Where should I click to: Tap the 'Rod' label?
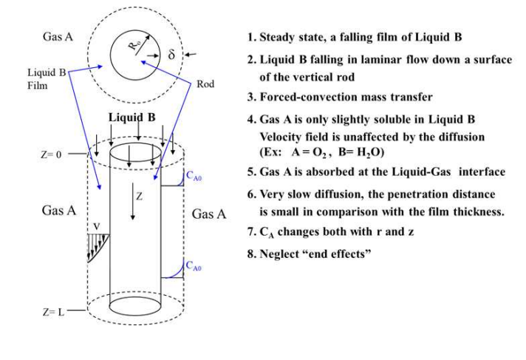205,84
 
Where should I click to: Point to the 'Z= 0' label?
52,156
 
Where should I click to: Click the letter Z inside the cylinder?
138,197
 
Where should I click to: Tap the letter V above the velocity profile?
94,226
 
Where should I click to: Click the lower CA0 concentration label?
194,264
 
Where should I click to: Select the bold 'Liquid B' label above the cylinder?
131,118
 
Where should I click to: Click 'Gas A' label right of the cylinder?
208,214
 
